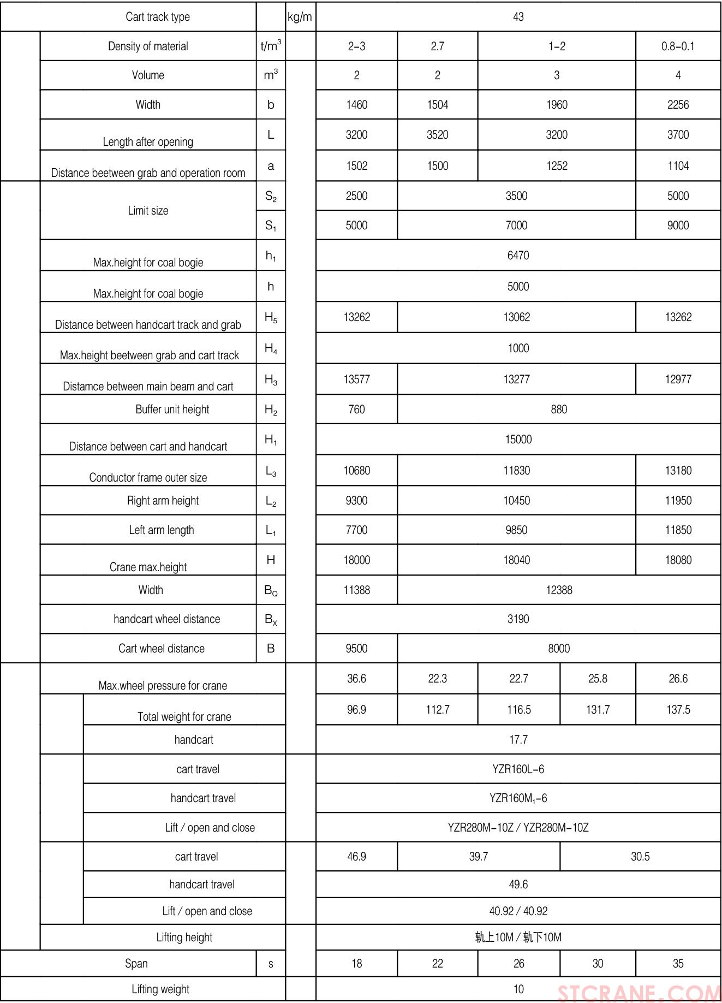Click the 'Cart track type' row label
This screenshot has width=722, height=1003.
tap(158, 17)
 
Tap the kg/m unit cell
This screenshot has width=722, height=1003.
tap(300, 17)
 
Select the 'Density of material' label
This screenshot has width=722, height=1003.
tap(148, 46)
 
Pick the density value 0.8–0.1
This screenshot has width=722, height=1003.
tap(678, 46)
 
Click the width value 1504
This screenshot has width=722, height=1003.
tap(437, 105)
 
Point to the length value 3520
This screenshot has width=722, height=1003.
tap(437, 135)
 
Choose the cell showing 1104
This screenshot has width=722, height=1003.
tap(678, 166)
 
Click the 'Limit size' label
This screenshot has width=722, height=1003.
tap(148, 211)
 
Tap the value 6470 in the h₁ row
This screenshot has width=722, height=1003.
tap(518, 256)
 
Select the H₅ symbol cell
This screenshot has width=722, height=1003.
tap(271, 318)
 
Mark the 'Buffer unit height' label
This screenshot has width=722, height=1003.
tap(172, 409)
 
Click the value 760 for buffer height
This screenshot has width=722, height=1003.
tap(356, 409)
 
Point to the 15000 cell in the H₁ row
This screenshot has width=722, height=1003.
tap(518, 440)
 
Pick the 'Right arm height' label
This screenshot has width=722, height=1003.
tap(163, 501)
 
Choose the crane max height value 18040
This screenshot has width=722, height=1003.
tap(516, 560)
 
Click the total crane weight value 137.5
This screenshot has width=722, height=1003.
tap(678, 710)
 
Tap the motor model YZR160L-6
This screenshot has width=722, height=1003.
tap(518, 769)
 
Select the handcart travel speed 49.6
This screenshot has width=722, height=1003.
tap(518, 885)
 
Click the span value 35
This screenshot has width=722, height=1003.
tap(678, 964)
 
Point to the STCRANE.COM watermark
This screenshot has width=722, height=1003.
tap(639, 993)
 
